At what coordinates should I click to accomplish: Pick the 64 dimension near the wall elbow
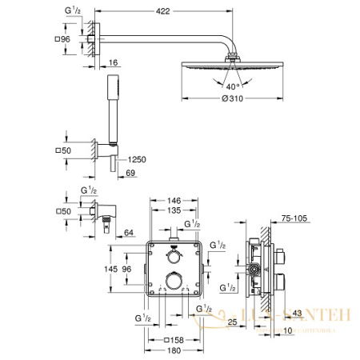128,234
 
